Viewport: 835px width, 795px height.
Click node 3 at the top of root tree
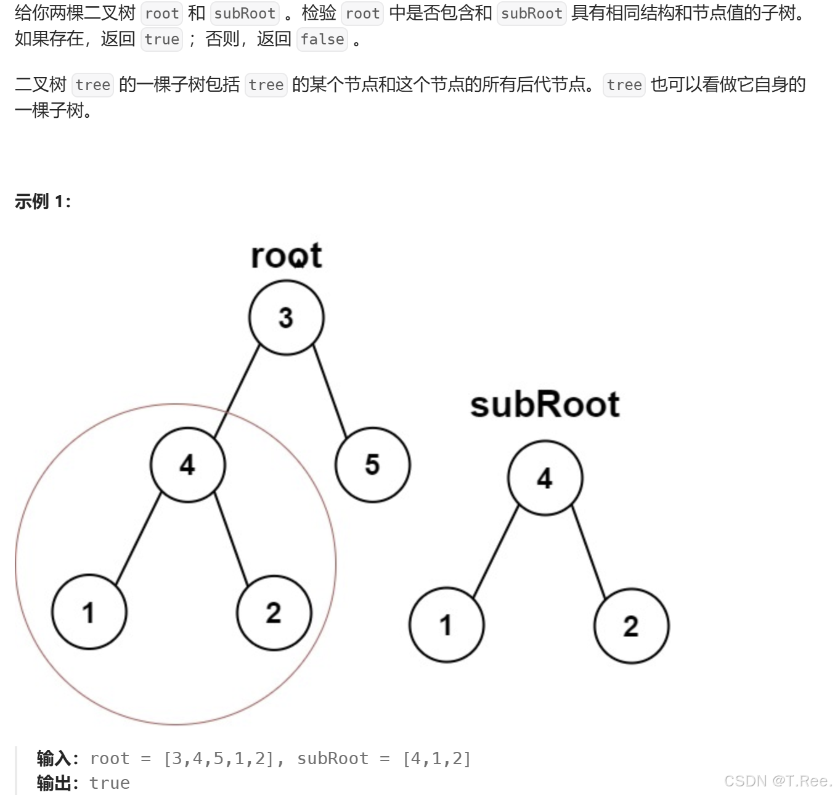[286, 318]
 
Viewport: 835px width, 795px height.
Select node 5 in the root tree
[372, 464]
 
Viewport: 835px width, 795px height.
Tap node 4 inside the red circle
[187, 464]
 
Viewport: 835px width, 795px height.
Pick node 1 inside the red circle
[89, 612]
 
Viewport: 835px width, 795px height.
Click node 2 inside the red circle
[274, 612]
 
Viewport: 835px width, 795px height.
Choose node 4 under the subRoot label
[545, 478]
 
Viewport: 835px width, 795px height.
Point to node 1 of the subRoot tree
[446, 625]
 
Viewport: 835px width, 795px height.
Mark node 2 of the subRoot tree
[631, 625]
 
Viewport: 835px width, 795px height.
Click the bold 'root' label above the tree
[286, 255]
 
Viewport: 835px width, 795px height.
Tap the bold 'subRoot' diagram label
[545, 405]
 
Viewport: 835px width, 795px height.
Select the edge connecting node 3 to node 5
[330, 391]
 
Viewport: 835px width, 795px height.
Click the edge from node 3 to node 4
[237, 391]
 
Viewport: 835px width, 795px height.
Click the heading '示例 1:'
[43, 202]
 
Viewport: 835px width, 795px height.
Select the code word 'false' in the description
[322, 39]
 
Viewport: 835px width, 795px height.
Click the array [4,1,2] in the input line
[436, 758]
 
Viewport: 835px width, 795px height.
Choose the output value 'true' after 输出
[110, 783]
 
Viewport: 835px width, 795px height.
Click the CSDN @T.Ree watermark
[778, 781]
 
